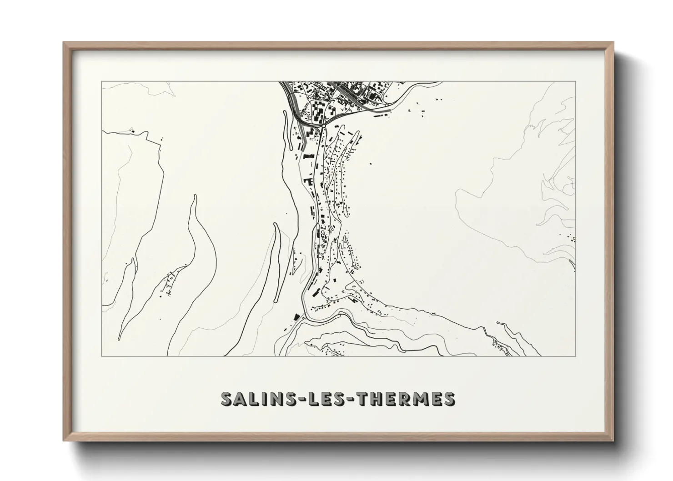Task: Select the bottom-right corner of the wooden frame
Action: [x=612, y=440]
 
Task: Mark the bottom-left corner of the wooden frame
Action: [x=64, y=440]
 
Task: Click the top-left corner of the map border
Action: [x=101, y=82]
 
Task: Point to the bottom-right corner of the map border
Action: [x=576, y=356]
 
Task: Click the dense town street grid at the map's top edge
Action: [x=346, y=93]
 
